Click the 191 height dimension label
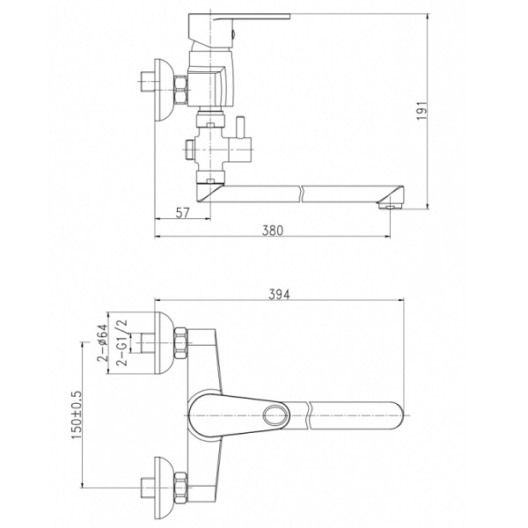(x=422, y=110)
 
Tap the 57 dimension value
(x=183, y=212)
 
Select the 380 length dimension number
(x=273, y=231)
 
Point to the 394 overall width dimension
(x=279, y=294)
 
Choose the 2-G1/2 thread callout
(x=122, y=342)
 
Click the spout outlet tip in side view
(x=390, y=205)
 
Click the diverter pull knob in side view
(x=241, y=128)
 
